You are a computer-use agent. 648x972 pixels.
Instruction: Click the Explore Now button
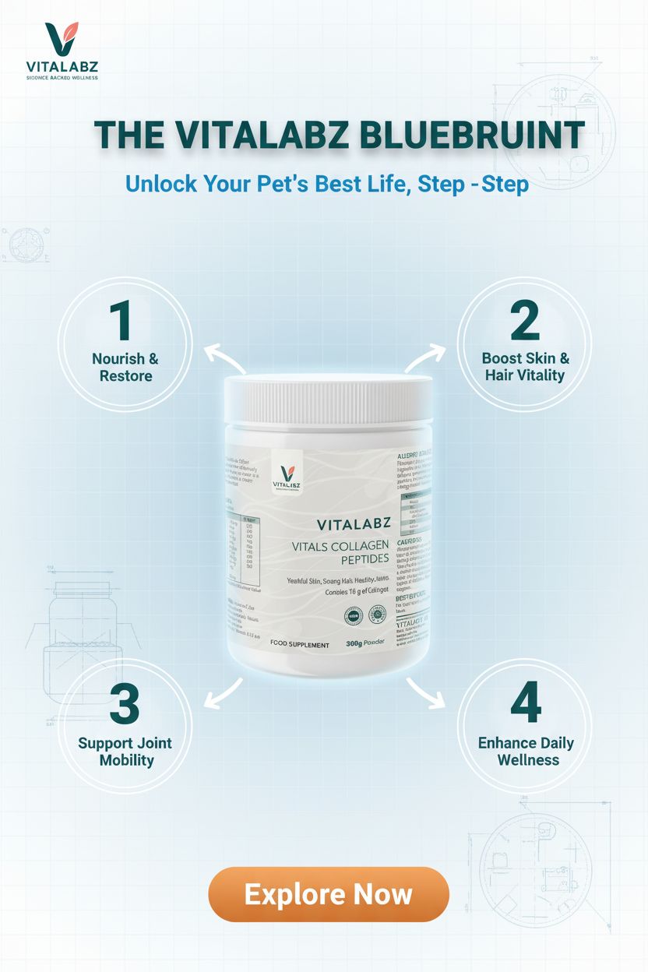click(328, 893)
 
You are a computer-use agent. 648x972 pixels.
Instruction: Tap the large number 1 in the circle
click(121, 320)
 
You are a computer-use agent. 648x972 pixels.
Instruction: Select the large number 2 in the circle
click(525, 320)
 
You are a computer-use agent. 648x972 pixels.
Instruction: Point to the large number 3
click(125, 704)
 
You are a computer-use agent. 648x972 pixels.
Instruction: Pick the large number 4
click(526, 704)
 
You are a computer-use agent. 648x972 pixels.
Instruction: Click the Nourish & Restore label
click(125, 368)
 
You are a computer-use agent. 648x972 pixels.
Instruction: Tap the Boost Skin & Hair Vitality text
click(525, 366)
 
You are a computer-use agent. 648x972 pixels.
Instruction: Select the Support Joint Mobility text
click(125, 752)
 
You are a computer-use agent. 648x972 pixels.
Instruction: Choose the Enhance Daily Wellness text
click(527, 751)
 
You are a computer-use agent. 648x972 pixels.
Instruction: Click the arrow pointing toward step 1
click(224, 359)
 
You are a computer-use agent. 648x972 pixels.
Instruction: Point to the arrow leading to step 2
click(425, 358)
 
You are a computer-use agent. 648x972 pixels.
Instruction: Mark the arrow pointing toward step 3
click(223, 692)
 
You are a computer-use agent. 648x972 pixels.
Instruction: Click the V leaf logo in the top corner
click(61, 39)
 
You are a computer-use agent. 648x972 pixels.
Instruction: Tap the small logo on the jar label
click(287, 474)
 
